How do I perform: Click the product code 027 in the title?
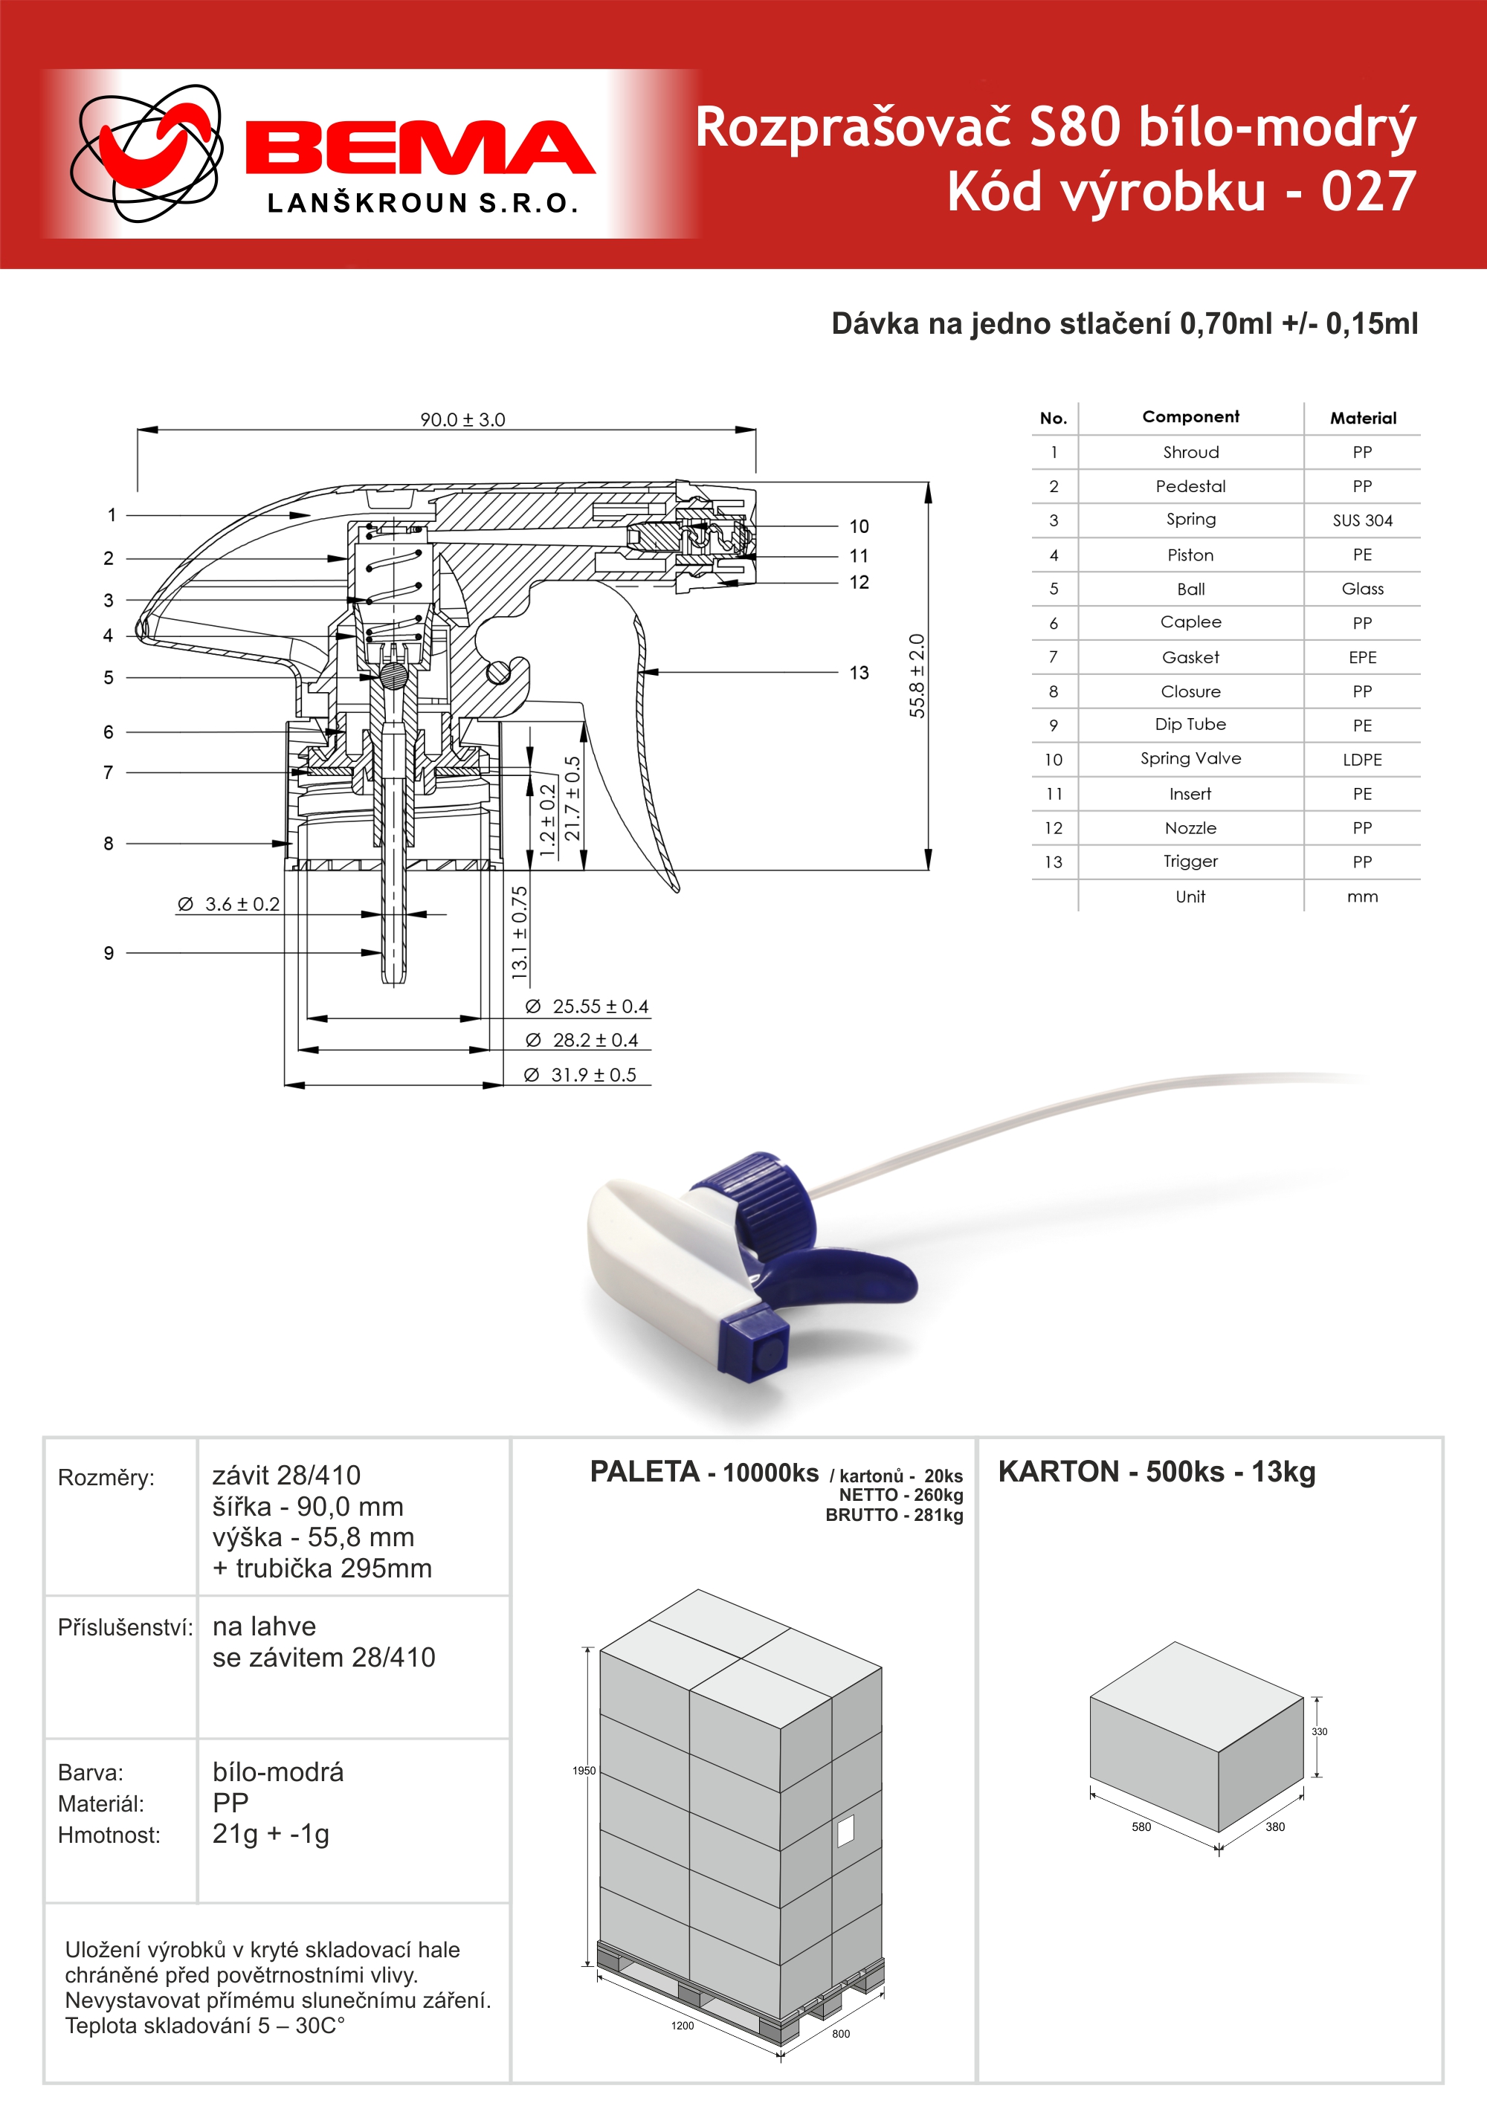[x=1369, y=192]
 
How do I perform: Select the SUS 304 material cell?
[x=1362, y=520]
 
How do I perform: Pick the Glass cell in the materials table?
[x=1362, y=589]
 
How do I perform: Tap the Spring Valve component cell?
[x=1190, y=758]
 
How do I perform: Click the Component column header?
[x=1190, y=417]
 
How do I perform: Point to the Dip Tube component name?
[x=1190, y=725]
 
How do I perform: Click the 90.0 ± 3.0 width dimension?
[x=462, y=419]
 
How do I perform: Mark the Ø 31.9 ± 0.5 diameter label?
[x=580, y=1074]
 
